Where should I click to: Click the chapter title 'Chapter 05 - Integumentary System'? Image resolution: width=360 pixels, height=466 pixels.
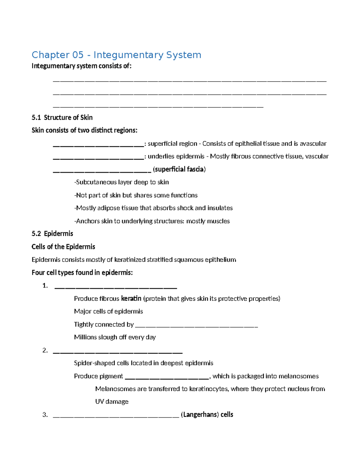tap(116, 55)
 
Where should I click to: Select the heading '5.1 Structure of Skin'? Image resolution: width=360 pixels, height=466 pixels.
tap(62, 117)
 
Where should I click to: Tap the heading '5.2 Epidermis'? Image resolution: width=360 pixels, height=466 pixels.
tap(52, 233)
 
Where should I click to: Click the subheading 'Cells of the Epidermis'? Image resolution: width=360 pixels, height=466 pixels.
tap(63, 247)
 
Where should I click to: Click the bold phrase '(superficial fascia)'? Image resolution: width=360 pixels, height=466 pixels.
tap(179, 169)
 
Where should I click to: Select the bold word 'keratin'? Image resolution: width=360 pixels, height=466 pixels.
tap(131, 299)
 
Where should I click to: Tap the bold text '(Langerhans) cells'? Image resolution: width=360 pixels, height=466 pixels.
tap(207, 415)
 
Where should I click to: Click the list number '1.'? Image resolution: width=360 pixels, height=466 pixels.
tap(45, 286)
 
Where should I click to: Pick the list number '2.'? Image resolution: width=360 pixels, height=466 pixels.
tap(45, 350)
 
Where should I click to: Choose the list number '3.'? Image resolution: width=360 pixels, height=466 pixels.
tap(45, 415)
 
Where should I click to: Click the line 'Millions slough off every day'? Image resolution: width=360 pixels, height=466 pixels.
tap(115, 337)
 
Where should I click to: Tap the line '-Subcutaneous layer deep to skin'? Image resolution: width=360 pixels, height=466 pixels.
tap(121, 182)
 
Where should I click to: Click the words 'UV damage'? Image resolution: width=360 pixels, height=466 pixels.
tap(112, 401)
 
